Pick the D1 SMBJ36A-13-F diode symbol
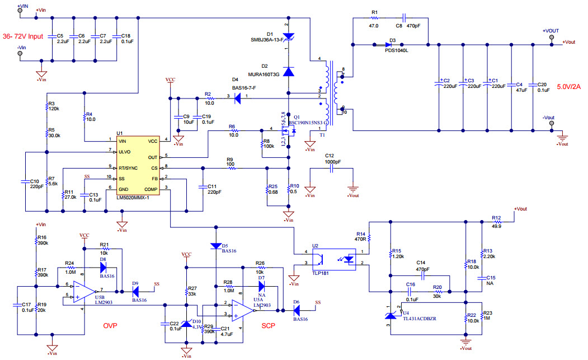point(288,37)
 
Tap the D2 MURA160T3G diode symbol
point(288,71)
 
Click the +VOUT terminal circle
point(552,38)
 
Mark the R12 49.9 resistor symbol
point(496,222)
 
